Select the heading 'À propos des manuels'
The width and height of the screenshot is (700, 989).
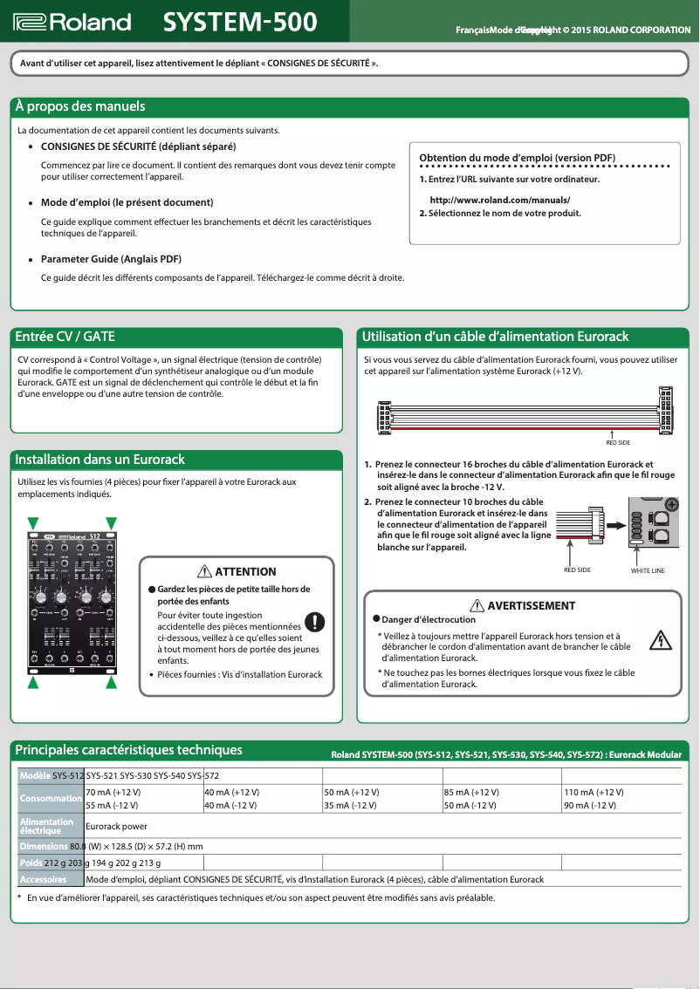[x=80, y=107]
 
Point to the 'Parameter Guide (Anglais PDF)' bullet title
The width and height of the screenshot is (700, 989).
[x=111, y=259]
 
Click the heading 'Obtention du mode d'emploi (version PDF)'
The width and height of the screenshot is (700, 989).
[x=518, y=157]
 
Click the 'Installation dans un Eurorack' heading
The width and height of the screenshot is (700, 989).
[x=100, y=460]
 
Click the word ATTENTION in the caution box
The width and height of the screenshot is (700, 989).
[x=245, y=572]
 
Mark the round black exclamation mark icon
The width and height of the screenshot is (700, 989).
[x=315, y=622]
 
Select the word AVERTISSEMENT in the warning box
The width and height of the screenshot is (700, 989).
[x=531, y=605]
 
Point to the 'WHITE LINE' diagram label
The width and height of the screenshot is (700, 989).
[x=648, y=570]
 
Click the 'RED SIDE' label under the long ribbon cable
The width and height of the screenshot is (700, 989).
[x=617, y=443]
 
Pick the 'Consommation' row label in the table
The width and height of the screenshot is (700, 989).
[x=51, y=798]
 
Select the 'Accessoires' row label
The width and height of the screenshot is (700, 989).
[x=45, y=879]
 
